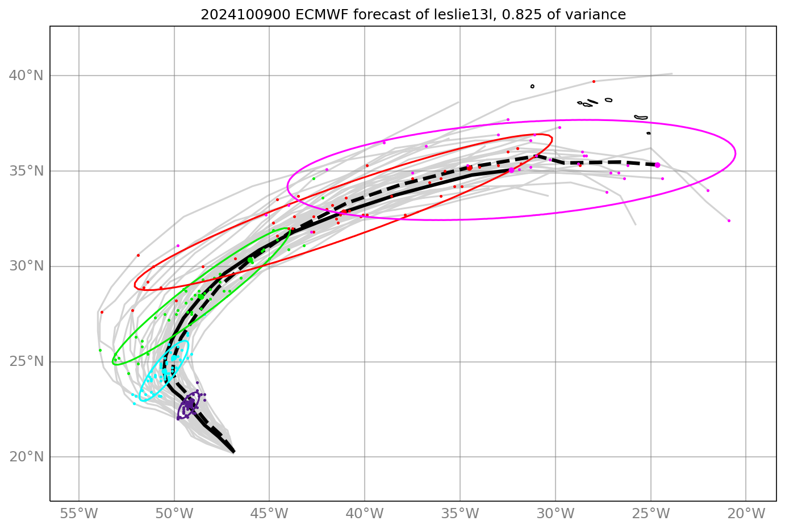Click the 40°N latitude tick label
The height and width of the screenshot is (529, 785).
click(26, 76)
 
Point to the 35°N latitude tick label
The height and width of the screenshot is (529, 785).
click(26, 171)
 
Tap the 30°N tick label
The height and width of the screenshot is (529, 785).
click(26, 266)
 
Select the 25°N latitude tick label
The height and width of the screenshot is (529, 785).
click(26, 362)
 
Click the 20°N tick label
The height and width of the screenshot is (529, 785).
click(26, 457)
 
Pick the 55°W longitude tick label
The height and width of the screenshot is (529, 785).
click(78, 514)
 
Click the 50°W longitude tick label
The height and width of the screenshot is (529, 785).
click(174, 514)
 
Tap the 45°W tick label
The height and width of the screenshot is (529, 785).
click(269, 514)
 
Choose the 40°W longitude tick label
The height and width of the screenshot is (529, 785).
click(365, 514)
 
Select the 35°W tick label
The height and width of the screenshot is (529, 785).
click(460, 514)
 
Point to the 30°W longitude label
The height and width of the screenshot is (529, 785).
click(555, 514)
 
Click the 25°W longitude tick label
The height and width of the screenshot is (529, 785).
click(650, 514)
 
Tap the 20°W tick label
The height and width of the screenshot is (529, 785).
click(746, 514)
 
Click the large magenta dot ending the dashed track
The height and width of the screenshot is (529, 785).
click(657, 165)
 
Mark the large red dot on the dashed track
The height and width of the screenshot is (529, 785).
click(469, 168)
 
